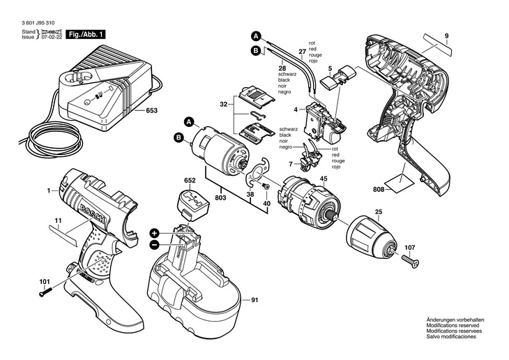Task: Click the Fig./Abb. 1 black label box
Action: (x=86, y=34)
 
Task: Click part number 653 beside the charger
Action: (x=151, y=110)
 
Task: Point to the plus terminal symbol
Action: (x=155, y=233)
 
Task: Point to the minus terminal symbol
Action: (x=155, y=245)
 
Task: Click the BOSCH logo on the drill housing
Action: (x=93, y=214)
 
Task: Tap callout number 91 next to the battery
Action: (x=254, y=300)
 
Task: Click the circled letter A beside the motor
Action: (x=188, y=122)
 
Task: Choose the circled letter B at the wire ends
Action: (x=255, y=50)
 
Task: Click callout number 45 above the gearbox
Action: (x=324, y=179)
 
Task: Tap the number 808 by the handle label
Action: (x=379, y=190)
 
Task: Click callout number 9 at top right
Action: (x=447, y=36)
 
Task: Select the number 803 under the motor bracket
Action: (x=220, y=197)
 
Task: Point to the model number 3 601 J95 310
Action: (x=38, y=23)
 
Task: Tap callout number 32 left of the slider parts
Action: (x=223, y=105)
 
